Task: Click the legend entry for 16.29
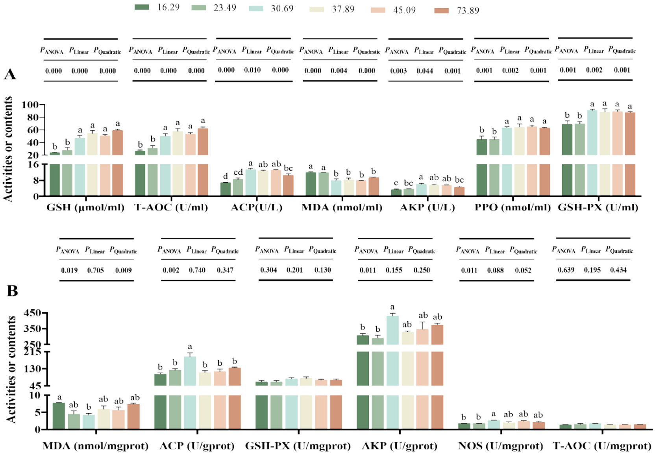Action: click(x=157, y=7)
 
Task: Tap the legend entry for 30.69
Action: click(x=271, y=8)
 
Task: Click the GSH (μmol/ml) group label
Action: click(x=85, y=207)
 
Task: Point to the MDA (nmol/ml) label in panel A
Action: click(x=342, y=207)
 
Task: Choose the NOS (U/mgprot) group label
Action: click(x=500, y=446)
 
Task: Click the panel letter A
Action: click(x=10, y=74)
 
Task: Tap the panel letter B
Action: click(x=12, y=291)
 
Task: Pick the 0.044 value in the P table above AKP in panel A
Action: click(x=425, y=71)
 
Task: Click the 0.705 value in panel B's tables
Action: click(x=95, y=270)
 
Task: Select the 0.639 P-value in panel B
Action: click(x=566, y=270)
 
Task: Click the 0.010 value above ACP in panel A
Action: click(x=252, y=70)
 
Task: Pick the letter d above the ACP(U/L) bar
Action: click(x=226, y=176)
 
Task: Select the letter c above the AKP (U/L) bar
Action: click(x=396, y=183)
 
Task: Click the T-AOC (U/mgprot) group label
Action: click(x=602, y=446)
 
